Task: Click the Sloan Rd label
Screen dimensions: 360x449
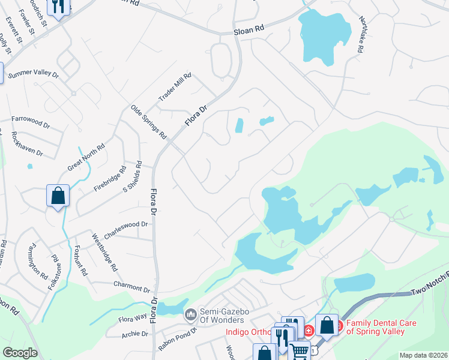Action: click(249, 28)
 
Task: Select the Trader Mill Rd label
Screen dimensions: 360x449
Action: click(174, 88)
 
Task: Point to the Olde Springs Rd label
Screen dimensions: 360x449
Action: click(148, 122)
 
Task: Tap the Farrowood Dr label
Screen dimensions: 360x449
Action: click(31, 122)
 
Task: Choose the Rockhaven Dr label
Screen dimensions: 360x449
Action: click(28, 144)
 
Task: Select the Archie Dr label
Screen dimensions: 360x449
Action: click(134, 334)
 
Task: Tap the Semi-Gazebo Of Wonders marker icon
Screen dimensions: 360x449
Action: click(191, 314)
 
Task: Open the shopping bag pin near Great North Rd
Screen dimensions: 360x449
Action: click(58, 195)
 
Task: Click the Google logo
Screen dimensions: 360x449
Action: click(20, 353)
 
